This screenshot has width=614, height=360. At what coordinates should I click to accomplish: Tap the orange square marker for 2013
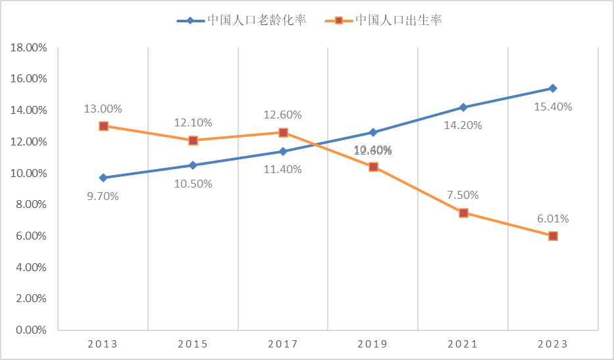coord(103,126)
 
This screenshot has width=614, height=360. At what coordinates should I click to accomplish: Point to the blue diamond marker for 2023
coord(553,88)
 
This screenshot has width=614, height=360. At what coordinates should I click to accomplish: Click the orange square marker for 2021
coord(463,213)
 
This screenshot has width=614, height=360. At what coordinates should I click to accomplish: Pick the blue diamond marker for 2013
coord(103,178)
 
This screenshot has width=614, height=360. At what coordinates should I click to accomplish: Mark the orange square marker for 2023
coord(553,236)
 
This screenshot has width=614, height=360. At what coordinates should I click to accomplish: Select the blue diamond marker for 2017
coord(283,151)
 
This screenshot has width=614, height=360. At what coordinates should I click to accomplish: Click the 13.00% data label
coord(103,109)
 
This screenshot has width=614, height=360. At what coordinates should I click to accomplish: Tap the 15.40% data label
coord(553,107)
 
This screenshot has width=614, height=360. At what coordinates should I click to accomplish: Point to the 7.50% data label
coord(463,195)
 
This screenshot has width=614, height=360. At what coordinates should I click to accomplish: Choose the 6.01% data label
coord(553,219)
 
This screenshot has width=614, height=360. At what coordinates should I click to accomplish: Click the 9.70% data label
coord(103,196)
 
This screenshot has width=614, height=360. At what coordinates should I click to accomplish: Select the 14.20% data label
coord(463,125)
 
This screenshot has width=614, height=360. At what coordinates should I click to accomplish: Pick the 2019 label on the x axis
coord(372,344)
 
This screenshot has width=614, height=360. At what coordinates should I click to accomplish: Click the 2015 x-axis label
coord(193,344)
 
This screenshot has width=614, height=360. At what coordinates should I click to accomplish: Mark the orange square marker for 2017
coord(283,132)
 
